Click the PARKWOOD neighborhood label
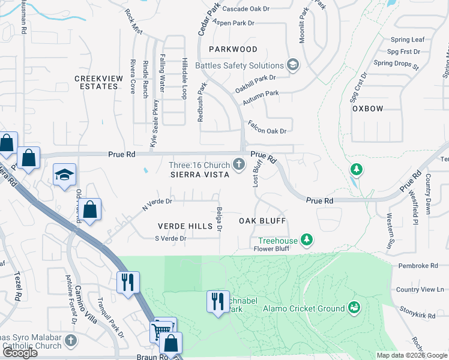pyautogui.click(x=234, y=49)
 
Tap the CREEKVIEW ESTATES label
pyautogui.click(x=96, y=82)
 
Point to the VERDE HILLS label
pyautogui.click(x=185, y=226)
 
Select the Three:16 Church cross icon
pyautogui.click(x=239, y=164)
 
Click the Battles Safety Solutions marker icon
pyautogui.click(x=293, y=65)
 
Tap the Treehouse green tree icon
pyautogui.click(x=307, y=240)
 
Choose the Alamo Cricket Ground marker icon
pyautogui.click(x=354, y=308)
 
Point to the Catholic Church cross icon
pyautogui.click(x=70, y=341)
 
